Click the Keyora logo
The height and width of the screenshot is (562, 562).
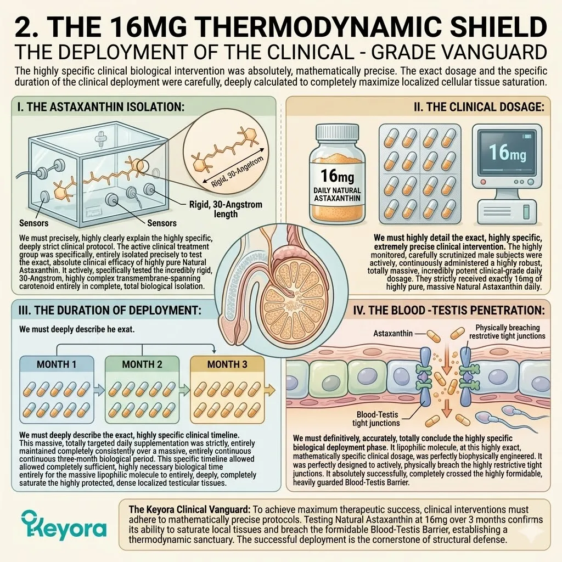coord(64,526)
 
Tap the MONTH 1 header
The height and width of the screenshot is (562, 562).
coord(57,364)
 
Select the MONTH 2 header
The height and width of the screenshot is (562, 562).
coord(142,364)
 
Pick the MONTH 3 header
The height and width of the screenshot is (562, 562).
coord(227,364)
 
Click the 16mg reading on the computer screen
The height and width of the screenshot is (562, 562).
coord(508,153)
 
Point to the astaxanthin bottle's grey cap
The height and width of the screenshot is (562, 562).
coord(337,132)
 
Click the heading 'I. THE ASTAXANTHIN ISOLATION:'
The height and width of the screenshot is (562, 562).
coord(101,107)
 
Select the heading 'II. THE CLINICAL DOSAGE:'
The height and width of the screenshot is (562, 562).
coord(479,107)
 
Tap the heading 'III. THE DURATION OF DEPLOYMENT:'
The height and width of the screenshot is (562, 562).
coord(110,310)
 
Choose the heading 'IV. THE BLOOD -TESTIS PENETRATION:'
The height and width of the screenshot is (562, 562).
coord(449,310)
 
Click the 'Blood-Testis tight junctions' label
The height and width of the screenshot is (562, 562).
coord(376,419)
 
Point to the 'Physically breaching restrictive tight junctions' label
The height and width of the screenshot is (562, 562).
coord(507,331)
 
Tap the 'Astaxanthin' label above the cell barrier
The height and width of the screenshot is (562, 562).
coord(393,333)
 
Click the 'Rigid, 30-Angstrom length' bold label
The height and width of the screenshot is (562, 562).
coord(226,209)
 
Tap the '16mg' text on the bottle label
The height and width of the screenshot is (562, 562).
coord(337,176)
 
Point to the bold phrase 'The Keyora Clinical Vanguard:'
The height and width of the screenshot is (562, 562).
coord(189,509)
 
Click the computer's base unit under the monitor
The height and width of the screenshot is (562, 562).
coord(507,212)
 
